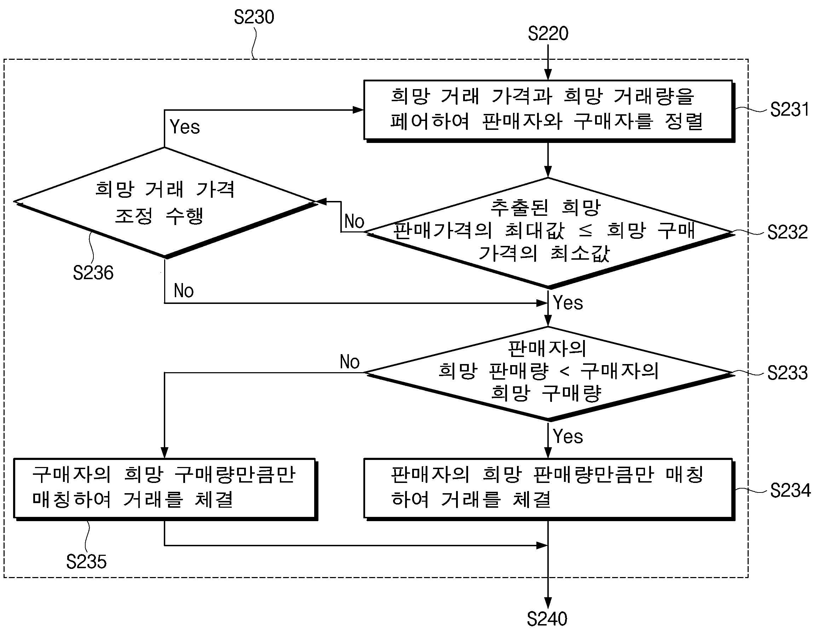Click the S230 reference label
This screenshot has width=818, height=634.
tap(254, 17)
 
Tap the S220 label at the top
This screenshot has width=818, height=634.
tap(548, 34)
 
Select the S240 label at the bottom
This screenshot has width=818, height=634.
tap(547, 619)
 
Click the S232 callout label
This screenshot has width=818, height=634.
tap(787, 232)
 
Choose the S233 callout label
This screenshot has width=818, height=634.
tap(787, 373)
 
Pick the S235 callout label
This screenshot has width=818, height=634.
tap(86, 562)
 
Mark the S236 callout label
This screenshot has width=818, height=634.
tap(93, 273)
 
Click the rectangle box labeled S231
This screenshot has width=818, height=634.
tap(549, 111)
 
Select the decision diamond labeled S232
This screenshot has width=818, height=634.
tap(549, 233)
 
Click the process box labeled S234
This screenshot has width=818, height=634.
tap(549, 489)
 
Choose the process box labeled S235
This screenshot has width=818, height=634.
tap(166, 489)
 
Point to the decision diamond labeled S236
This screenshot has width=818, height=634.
tap(166, 203)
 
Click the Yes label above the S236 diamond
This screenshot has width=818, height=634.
tap(185, 127)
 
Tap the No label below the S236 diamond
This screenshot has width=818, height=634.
tap(184, 290)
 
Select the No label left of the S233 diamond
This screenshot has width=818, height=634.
tap(350, 362)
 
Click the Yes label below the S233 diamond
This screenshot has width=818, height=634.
tap(568, 436)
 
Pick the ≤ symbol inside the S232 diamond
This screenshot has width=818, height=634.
tap(586, 231)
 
